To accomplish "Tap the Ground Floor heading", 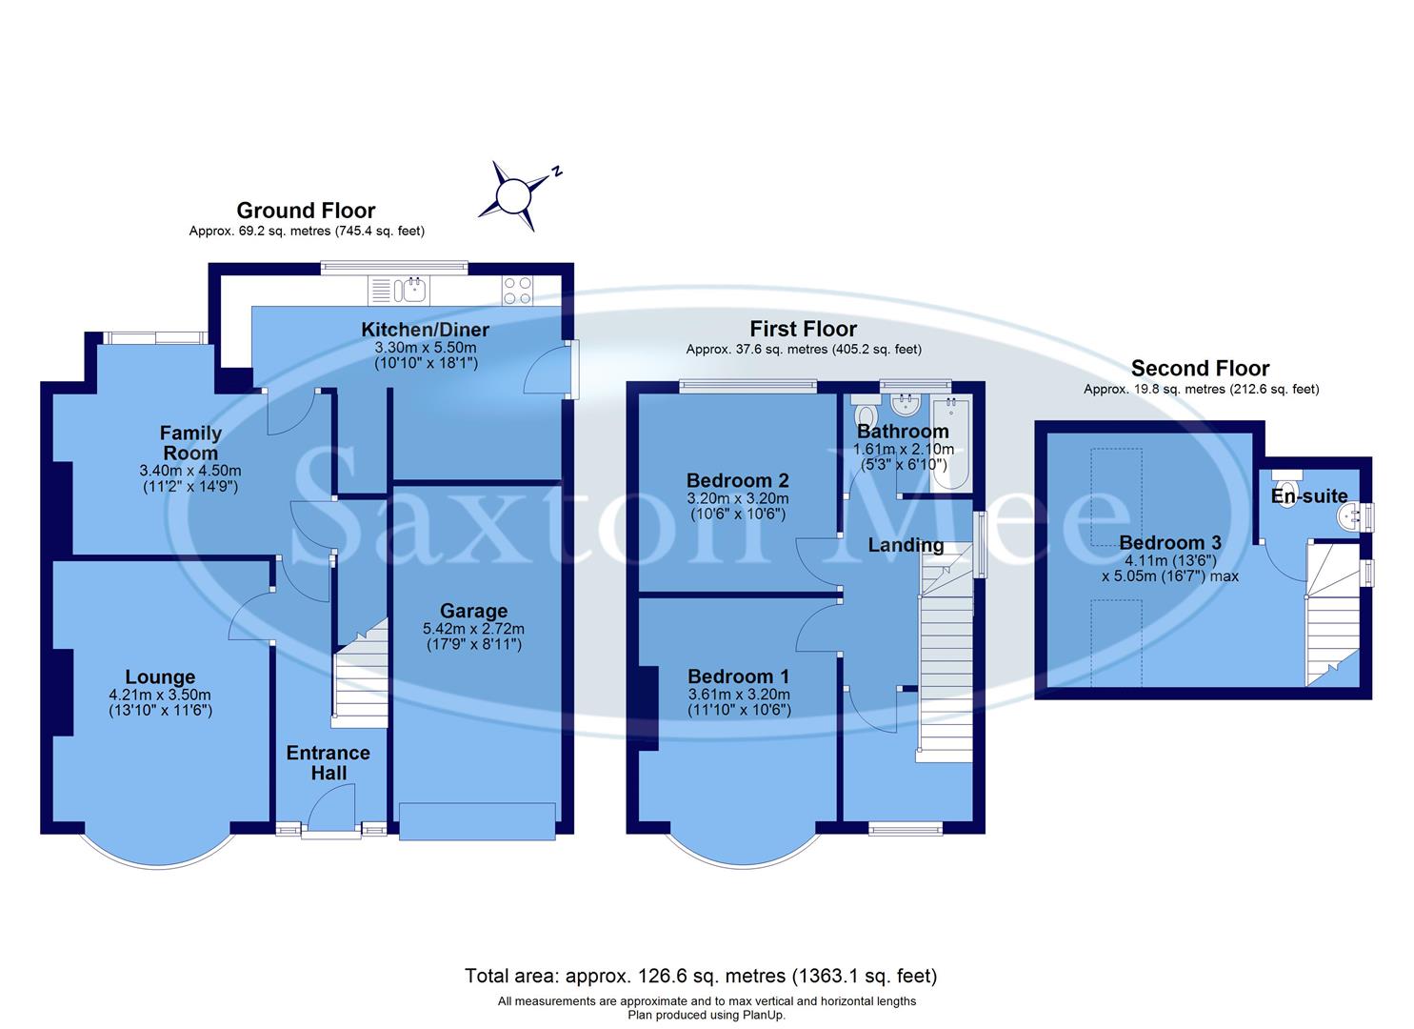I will click(306, 211).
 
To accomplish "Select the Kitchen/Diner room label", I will click(425, 331).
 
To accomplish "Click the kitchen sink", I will click(414, 289).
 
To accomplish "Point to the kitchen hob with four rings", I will click(517, 290).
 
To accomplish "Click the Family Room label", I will click(190, 443).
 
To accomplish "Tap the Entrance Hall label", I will click(329, 762).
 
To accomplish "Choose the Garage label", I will click(473, 611).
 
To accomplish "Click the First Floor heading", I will click(803, 329).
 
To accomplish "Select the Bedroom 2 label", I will click(738, 480).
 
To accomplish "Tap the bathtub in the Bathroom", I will click(950, 438).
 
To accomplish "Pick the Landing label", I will click(906, 546).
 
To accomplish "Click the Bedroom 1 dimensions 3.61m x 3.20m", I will click(739, 695).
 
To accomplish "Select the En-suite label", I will click(1309, 495).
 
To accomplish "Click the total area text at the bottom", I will click(701, 976).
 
